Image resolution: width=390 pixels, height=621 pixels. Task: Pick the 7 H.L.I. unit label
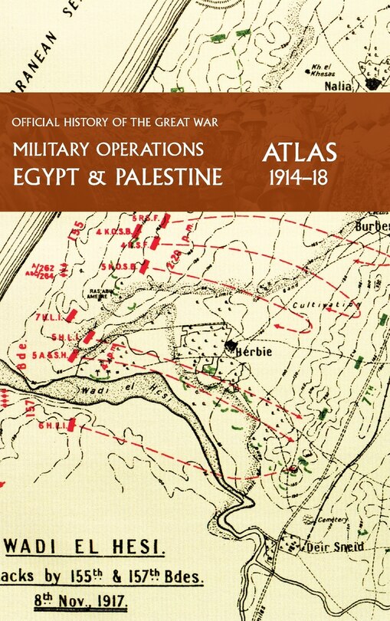43,317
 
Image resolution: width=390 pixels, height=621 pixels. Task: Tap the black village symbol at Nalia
373,82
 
